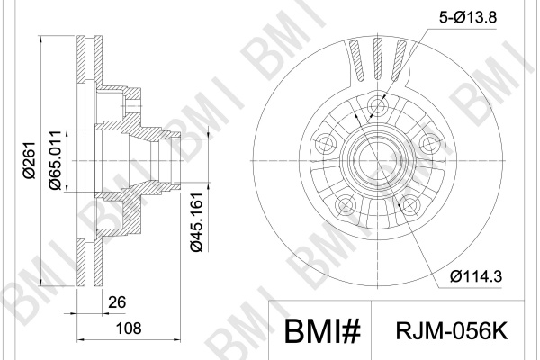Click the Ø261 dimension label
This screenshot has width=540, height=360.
pos(30,160)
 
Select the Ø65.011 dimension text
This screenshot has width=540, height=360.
pos(56,160)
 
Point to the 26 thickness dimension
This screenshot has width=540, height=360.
pos(117,302)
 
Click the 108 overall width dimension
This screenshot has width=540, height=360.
pos(129,328)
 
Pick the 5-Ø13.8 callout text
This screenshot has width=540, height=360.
pos(468,16)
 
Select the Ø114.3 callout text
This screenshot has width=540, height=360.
pos(476,276)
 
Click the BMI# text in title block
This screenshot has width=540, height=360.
pos(322,331)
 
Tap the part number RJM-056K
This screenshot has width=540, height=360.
pos(452,331)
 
